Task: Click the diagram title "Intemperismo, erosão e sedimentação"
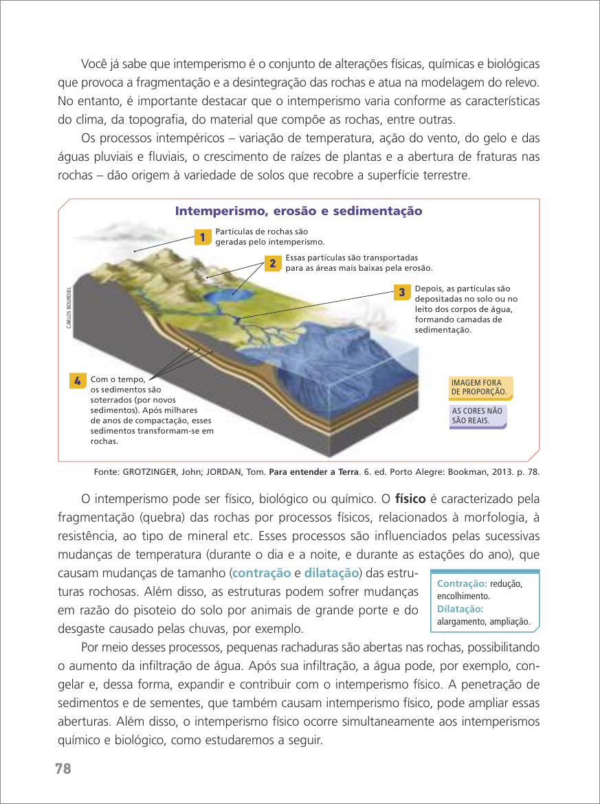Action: coord(299,211)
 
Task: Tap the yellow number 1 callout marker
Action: coord(201,237)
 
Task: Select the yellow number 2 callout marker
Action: coord(271,263)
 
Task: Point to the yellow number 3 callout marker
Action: coord(401,292)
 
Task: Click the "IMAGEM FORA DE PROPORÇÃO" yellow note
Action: coord(480,388)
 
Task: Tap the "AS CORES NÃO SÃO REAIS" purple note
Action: coord(477,416)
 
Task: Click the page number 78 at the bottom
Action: coord(63,768)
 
